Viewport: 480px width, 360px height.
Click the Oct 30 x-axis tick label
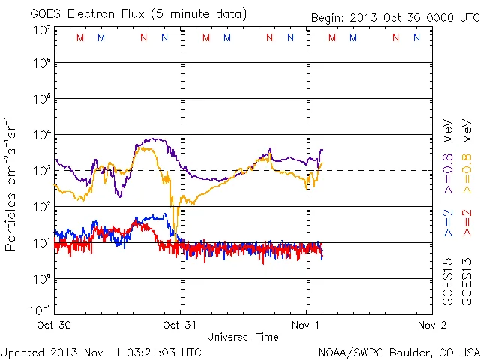pos(55,325)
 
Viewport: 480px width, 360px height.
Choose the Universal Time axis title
pos(242,337)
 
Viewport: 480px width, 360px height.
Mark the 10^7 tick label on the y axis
pos(41,30)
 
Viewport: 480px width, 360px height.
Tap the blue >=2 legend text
pos(448,223)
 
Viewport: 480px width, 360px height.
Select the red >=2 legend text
pos(467,223)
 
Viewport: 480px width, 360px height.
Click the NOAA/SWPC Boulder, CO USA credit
pos(398,351)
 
